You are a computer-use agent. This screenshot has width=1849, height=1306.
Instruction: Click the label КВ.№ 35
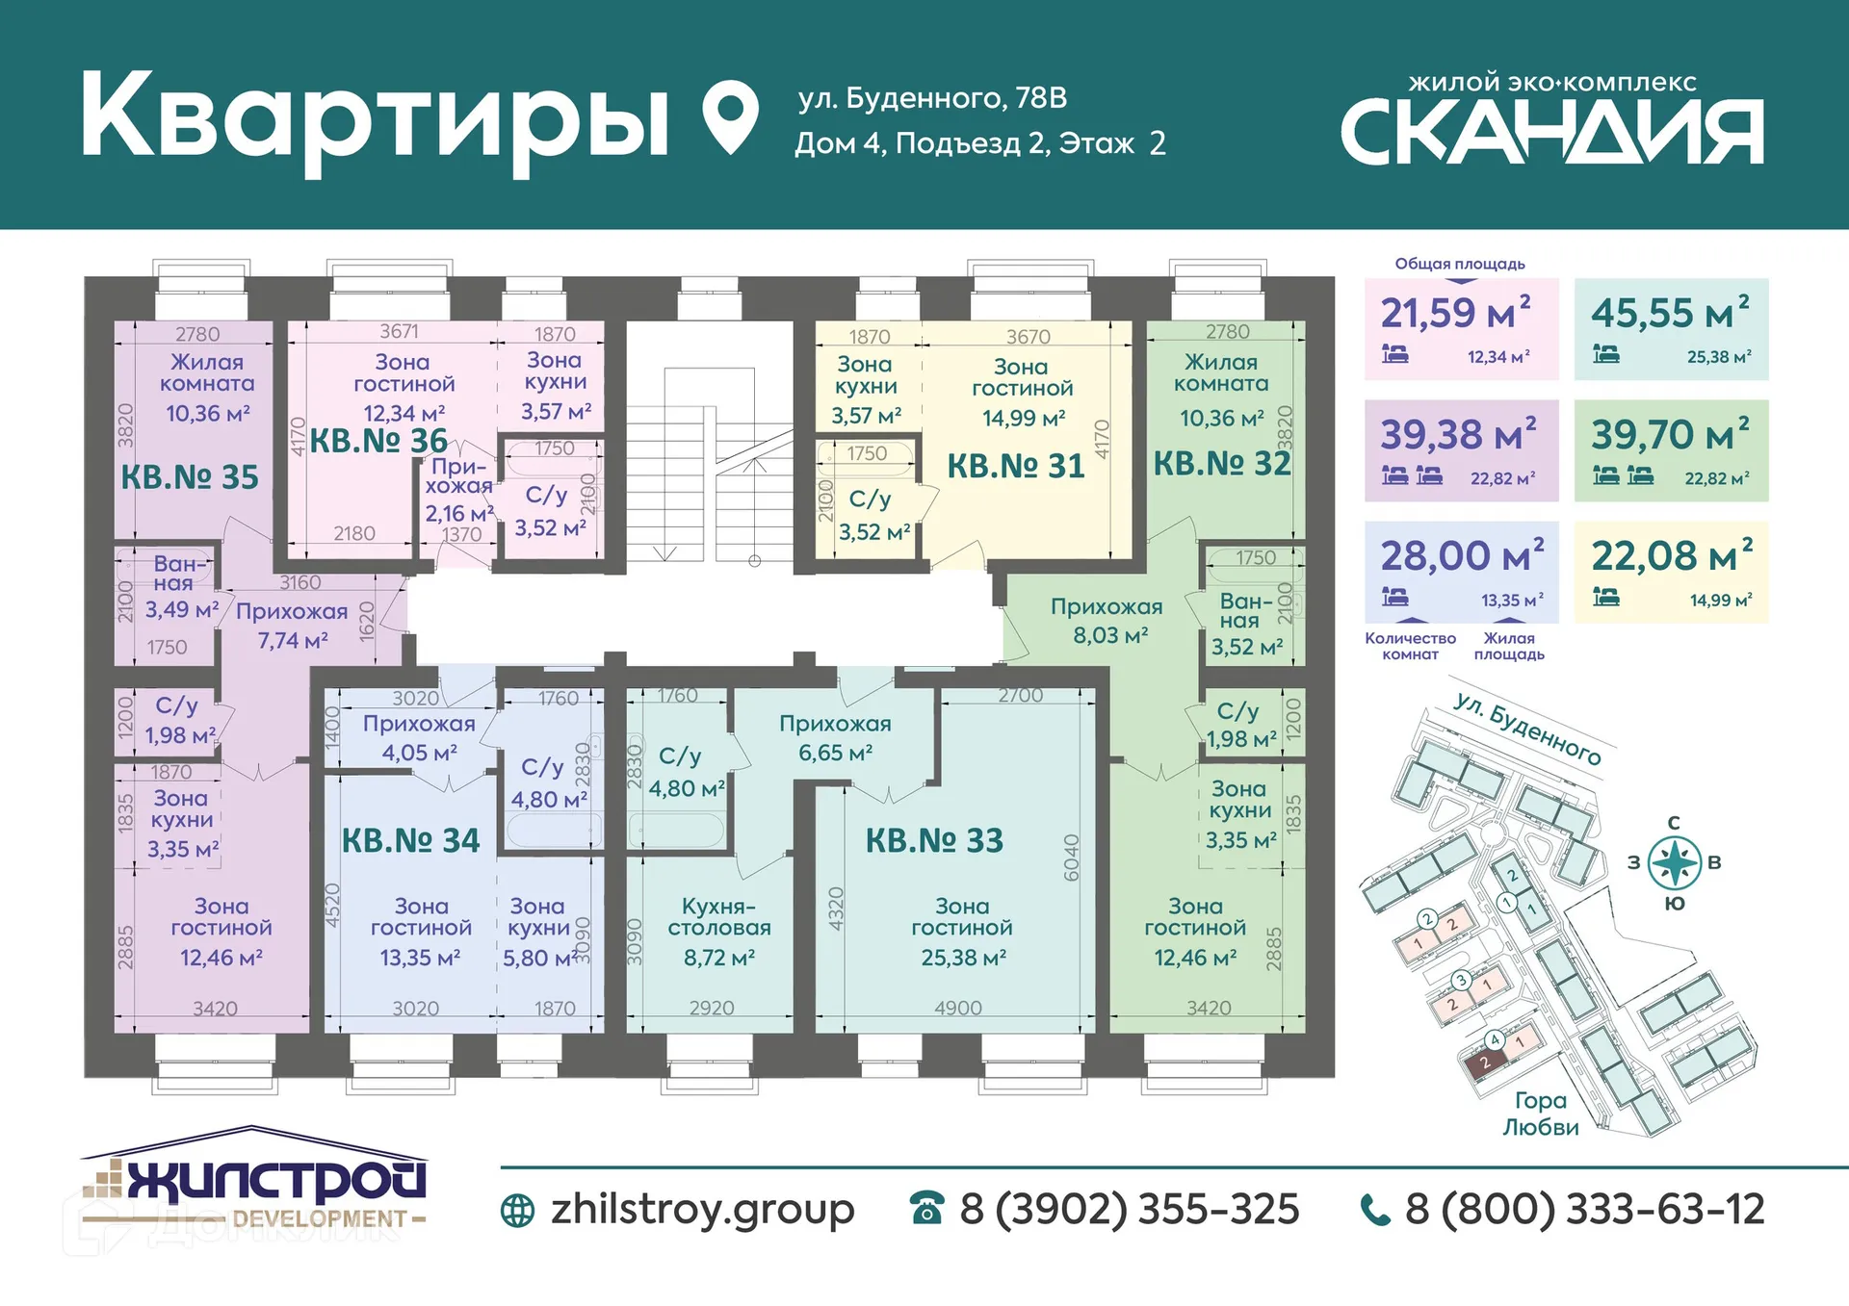tap(190, 477)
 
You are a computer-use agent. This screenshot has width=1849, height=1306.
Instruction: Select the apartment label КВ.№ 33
tap(934, 841)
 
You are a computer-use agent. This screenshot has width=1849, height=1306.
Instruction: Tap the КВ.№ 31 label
tap(1016, 467)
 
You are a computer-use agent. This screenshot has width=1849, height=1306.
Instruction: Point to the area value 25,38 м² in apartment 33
tap(963, 958)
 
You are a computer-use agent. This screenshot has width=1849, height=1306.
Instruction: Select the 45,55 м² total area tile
tap(1671, 329)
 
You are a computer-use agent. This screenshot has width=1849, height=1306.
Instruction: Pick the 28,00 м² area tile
tap(1461, 572)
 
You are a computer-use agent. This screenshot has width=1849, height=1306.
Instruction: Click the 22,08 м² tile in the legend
tap(1671, 572)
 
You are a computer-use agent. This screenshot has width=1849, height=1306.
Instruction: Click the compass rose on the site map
tap(1674, 862)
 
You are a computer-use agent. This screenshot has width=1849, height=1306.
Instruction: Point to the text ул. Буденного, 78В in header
tap(932, 98)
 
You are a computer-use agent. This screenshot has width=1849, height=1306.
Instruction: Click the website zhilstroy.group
tap(702, 1210)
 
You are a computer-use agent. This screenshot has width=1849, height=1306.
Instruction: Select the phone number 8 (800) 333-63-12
tap(1584, 1210)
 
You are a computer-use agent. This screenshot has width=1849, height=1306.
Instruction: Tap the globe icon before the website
tap(517, 1211)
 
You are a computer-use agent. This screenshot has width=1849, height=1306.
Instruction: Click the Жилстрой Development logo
tap(254, 1182)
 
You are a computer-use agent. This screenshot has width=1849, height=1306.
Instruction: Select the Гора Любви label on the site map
tap(1540, 1114)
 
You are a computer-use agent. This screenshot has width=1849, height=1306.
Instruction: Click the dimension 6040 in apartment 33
tap(1071, 858)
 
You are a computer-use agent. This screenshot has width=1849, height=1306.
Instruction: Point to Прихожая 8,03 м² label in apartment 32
tap(1107, 621)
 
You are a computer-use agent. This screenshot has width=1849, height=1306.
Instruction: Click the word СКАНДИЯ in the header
tap(1551, 134)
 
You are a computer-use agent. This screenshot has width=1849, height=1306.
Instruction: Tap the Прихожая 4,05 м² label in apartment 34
tap(419, 738)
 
